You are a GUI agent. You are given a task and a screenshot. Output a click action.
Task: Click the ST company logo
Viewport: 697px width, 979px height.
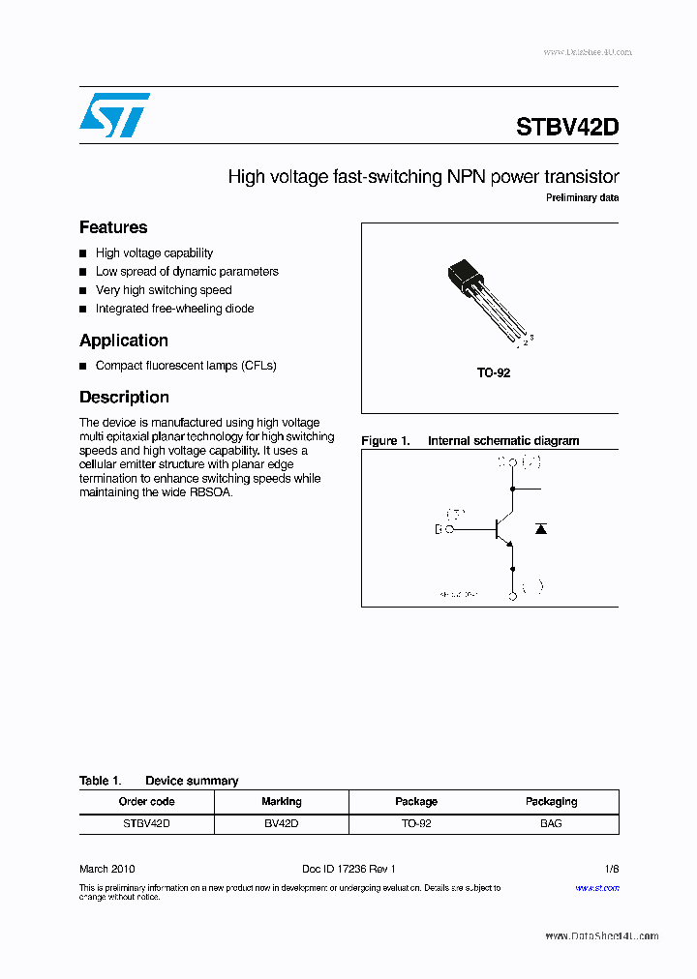[114, 115]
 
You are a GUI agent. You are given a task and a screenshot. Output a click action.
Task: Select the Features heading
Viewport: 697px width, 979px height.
[113, 227]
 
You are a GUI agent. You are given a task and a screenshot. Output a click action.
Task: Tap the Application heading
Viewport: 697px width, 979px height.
[124, 341]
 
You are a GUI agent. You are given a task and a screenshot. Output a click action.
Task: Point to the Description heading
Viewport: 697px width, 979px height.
[124, 397]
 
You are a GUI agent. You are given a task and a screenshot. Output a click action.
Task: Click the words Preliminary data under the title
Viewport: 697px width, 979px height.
[582, 198]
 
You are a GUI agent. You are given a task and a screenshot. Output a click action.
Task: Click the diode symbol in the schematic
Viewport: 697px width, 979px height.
[541, 528]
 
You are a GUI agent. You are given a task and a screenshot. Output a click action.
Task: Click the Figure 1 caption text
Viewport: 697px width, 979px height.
[470, 441]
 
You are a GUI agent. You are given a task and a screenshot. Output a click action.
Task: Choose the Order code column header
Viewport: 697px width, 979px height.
[146, 801]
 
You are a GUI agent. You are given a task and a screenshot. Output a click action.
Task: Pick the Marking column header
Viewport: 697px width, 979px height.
[281, 801]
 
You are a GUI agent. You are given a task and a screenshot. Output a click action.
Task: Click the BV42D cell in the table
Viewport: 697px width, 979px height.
[281, 823]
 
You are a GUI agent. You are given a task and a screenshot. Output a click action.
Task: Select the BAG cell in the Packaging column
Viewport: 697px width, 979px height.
[551, 823]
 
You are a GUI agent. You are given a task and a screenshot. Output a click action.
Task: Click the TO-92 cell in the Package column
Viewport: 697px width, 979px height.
[415, 823]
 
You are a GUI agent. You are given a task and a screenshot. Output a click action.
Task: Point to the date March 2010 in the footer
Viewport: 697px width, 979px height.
[107, 870]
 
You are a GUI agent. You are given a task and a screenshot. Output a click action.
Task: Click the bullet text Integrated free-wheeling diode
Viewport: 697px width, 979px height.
[174, 309]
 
